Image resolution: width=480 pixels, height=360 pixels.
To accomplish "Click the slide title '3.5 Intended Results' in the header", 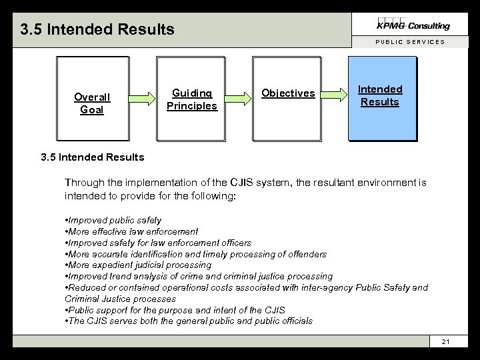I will (97, 29).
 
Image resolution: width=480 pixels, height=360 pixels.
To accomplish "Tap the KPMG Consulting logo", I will (413, 25).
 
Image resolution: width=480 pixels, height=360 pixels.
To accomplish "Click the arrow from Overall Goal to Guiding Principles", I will (141, 99).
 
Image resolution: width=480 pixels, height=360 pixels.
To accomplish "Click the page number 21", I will (446, 342).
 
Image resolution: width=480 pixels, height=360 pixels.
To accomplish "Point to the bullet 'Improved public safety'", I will (113, 220).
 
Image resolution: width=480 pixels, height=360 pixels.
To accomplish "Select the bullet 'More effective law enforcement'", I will (132, 231).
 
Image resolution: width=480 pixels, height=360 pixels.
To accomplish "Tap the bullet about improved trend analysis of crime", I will (199, 277).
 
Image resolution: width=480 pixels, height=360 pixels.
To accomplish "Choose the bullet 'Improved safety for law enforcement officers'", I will (159, 243).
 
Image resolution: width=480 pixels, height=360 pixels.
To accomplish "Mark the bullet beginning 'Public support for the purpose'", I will (175, 310).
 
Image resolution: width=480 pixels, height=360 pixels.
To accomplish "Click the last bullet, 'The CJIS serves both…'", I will (189, 321).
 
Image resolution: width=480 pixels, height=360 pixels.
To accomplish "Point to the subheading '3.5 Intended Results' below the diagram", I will (92, 157).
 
